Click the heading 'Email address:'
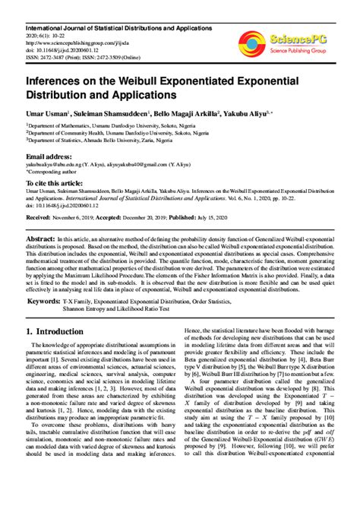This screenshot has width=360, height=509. [51, 154]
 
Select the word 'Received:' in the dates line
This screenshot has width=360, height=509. [42, 217]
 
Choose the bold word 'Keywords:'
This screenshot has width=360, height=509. [49, 302]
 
